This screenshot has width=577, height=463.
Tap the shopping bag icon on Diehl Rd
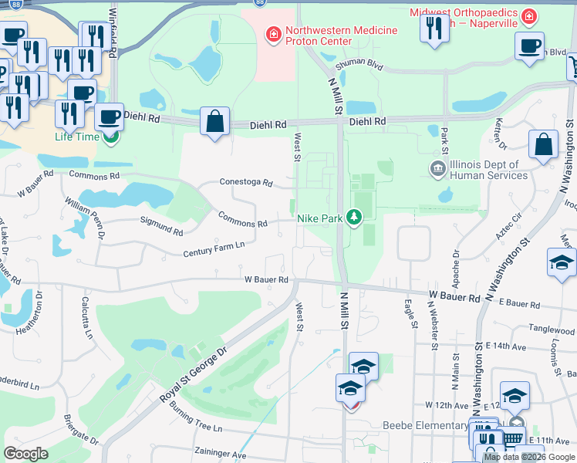click(214, 122)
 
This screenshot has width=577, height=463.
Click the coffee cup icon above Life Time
click(109, 117)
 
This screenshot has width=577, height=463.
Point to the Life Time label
click(78, 137)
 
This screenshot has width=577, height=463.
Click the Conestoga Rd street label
click(246, 183)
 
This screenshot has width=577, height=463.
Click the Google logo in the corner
click(25, 454)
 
